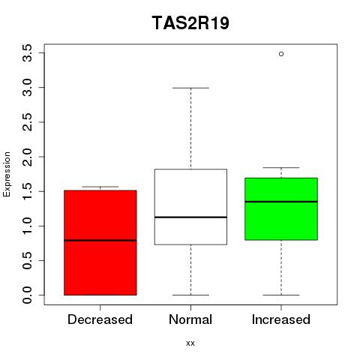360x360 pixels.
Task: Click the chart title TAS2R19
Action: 190,22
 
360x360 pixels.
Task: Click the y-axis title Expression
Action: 7,174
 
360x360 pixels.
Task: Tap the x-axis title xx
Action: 190,343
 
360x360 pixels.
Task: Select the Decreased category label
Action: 100,319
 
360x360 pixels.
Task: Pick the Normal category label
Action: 190,319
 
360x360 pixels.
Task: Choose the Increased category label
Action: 281,319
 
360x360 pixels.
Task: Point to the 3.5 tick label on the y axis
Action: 27,53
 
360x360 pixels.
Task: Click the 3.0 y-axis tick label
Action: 27,88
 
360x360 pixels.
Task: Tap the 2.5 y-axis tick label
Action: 27,122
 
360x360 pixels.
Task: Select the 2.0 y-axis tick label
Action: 27,157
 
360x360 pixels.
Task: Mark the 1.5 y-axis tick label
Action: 27,191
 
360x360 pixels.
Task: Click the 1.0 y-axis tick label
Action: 27,226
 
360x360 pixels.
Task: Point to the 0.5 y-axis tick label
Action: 27,260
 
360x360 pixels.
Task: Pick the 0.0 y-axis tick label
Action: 27,295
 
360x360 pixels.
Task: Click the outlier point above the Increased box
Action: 281,54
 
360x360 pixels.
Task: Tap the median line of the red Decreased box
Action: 100,241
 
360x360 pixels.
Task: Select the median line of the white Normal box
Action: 190,217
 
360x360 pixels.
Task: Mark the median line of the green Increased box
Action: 281,202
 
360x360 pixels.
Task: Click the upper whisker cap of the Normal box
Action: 190,88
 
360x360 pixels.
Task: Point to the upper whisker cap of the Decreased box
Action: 100,187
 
